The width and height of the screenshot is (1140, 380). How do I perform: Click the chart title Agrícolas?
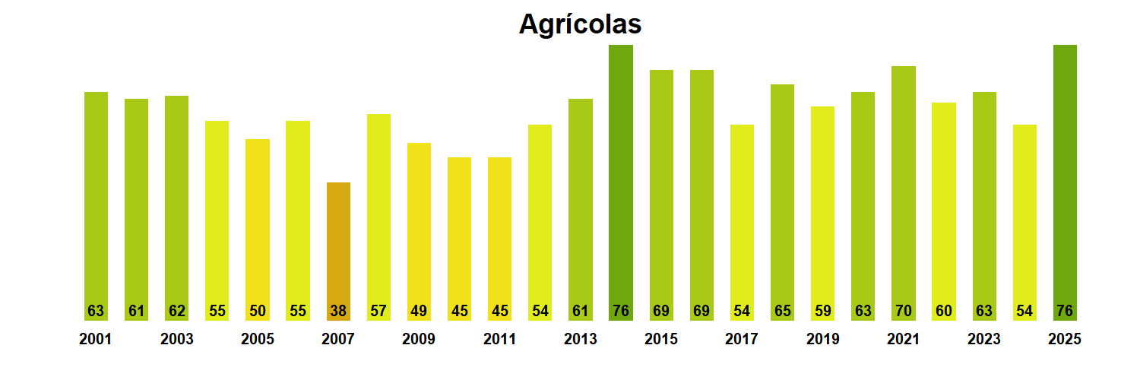coord(580,24)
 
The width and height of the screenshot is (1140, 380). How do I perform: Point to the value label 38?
coord(338,311)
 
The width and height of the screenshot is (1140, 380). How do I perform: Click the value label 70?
coord(904,311)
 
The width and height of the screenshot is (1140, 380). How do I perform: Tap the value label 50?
coord(258,311)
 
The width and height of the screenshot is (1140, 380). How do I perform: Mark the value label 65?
coord(782,311)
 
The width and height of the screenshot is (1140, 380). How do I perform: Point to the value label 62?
coord(176,311)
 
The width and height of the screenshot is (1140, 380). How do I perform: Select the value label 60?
coord(944,311)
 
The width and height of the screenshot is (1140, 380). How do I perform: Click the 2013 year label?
coord(581,339)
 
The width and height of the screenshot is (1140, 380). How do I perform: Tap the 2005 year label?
coord(258,339)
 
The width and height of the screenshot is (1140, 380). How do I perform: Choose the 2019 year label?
coord(822,339)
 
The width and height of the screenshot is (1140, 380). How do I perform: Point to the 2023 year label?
coord(984,339)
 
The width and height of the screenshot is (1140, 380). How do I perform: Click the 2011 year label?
coord(499,339)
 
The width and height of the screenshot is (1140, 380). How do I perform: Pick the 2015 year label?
coord(661,339)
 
